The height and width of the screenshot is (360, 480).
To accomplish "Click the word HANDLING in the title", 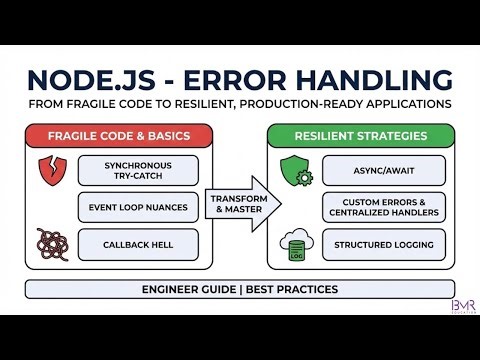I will pyautogui.click(x=377, y=80).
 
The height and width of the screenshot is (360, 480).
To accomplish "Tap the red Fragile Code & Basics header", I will pyautogui.click(x=119, y=136).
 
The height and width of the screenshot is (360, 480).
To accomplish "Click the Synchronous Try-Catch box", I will pyautogui.click(x=137, y=170).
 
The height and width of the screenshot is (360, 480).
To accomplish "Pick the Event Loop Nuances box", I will pyautogui.click(x=137, y=207).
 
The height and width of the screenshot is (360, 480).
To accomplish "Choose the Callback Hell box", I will pyautogui.click(x=137, y=244).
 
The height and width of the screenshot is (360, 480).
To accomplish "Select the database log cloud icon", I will pyautogui.click(x=296, y=245).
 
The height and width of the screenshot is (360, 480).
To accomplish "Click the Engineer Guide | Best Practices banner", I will pyautogui.click(x=240, y=289).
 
